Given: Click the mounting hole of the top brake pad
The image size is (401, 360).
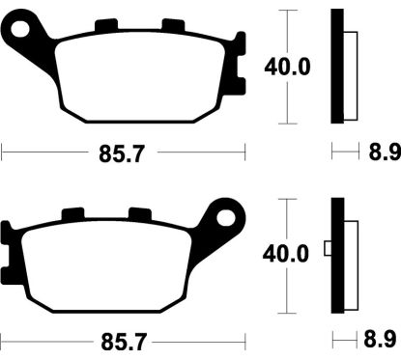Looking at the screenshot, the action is (20, 29).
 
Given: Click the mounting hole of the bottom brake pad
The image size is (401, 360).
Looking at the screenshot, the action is (225, 218).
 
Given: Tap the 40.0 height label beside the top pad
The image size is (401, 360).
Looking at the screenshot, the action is (287, 67).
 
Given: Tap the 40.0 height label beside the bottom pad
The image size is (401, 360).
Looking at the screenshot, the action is (286, 254).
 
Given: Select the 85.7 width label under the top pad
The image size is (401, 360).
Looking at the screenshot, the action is (122, 154).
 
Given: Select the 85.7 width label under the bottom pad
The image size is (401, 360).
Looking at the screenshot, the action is (124, 342).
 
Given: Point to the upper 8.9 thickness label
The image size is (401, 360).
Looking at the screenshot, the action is (385, 152).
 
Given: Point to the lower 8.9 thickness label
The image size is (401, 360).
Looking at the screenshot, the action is (380, 339).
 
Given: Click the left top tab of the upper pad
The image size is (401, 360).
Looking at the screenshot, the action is (106, 25).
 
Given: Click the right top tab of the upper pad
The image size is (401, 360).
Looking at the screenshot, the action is (173, 25).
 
